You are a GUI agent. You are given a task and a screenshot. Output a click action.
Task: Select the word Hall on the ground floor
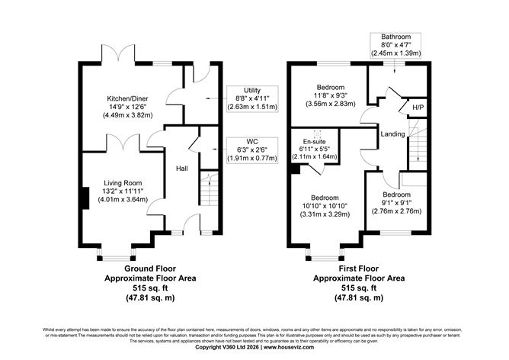182,169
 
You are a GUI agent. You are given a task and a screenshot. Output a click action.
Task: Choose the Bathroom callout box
395,46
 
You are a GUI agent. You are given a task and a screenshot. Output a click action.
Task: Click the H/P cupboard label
418,108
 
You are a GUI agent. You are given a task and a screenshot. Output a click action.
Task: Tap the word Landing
392,134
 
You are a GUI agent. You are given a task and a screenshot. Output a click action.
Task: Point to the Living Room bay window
117,252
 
